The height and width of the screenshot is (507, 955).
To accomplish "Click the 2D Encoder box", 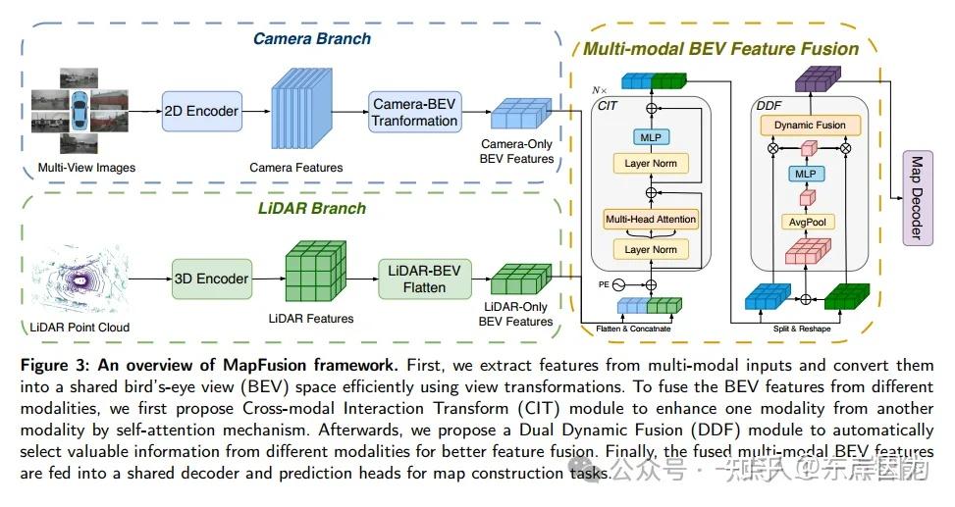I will tap(201, 111).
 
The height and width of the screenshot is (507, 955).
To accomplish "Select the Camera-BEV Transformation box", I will tap(413, 112).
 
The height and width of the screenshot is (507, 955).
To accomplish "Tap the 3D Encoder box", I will tap(211, 278).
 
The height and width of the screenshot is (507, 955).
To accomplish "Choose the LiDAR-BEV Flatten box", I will tap(424, 278).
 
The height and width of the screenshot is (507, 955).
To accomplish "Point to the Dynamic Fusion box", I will tap(809, 126).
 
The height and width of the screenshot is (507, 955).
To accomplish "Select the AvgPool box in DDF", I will tap(809, 223).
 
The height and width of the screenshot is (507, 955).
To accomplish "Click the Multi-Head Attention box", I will tap(651, 219).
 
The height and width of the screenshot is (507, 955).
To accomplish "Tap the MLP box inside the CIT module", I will tap(651, 137).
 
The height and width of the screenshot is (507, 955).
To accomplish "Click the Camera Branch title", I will tap(312, 39).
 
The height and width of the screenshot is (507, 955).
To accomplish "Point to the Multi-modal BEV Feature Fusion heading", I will tap(721, 48).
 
